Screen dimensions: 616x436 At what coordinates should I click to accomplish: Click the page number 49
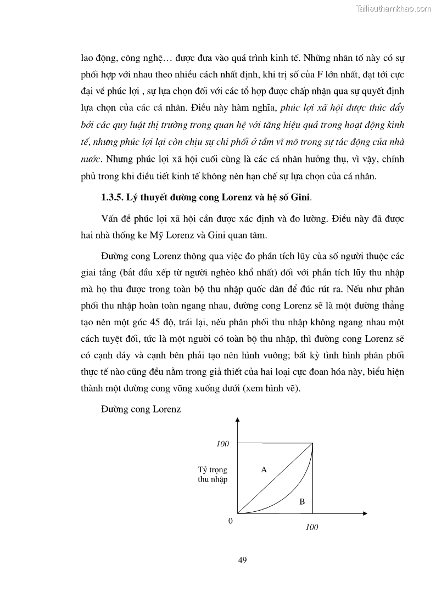coord(242,560)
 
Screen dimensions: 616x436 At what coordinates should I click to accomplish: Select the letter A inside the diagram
coord(264,470)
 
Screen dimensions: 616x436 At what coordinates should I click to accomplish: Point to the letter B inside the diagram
coord(302,501)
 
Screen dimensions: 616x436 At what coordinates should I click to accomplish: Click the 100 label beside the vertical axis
coord(222,444)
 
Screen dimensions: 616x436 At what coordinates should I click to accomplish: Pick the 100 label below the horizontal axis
coord(311,527)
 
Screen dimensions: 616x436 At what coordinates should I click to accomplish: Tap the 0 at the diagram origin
coord(231,521)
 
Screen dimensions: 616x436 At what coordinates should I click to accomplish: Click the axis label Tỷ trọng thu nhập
coord(213,474)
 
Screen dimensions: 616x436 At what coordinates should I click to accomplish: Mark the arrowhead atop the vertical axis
coord(237,421)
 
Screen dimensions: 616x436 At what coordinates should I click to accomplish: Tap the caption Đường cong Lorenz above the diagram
coord(141,409)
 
